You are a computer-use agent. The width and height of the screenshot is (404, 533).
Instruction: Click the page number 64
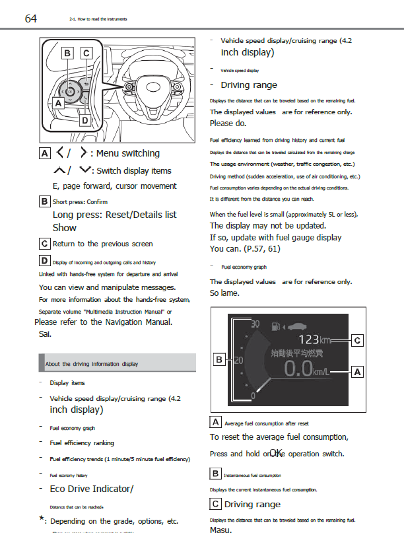click(31, 18)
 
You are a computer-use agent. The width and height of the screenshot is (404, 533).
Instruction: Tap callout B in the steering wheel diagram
click(67, 52)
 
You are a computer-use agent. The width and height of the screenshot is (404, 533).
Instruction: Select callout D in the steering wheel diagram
click(84, 120)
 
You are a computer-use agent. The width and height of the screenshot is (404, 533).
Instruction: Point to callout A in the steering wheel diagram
click(57, 103)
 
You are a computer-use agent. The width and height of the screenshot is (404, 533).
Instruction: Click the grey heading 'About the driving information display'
click(92, 364)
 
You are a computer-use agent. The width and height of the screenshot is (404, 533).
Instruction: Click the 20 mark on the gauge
click(239, 360)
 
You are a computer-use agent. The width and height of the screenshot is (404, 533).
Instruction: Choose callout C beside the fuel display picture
click(357, 340)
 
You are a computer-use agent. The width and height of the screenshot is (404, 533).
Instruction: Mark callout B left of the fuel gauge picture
click(219, 359)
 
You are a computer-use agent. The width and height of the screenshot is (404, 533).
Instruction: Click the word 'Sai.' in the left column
click(46, 334)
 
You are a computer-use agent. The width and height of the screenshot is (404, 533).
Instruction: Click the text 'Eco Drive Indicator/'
click(92, 489)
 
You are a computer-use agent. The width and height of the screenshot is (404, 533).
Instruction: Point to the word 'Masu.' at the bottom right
click(220, 530)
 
